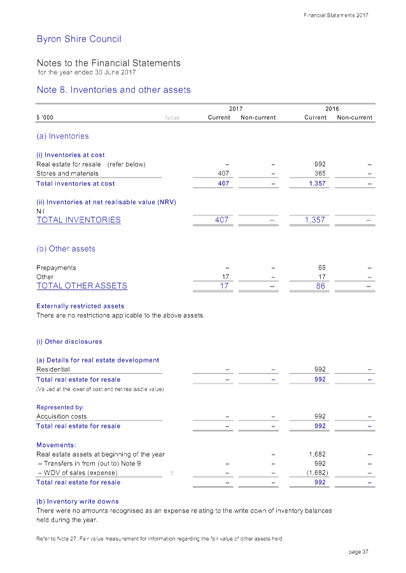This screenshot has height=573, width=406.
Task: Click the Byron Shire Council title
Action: coord(79,39)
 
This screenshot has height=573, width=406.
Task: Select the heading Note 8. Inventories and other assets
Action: coord(114,90)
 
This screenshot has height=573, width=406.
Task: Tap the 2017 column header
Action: coord(235,109)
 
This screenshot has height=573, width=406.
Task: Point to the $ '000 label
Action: coord(45,118)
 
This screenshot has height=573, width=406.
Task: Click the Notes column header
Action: coord(172,118)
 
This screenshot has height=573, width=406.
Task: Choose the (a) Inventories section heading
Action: coord(62,136)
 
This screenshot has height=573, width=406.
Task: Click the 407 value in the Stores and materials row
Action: coord(223,173)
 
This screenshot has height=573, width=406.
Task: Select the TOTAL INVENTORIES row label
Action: coord(79,220)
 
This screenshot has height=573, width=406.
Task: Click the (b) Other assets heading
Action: coord(66,249)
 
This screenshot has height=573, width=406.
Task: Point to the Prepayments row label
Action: coord(57,267)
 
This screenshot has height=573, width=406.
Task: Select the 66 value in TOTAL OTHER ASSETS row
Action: coord(321,286)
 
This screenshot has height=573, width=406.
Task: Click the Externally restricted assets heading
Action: coord(81,306)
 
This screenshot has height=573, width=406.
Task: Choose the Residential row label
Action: coord(53,369)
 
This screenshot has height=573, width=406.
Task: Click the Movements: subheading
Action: coord(57,445)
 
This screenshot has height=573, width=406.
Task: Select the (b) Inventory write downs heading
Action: coord(78,502)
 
